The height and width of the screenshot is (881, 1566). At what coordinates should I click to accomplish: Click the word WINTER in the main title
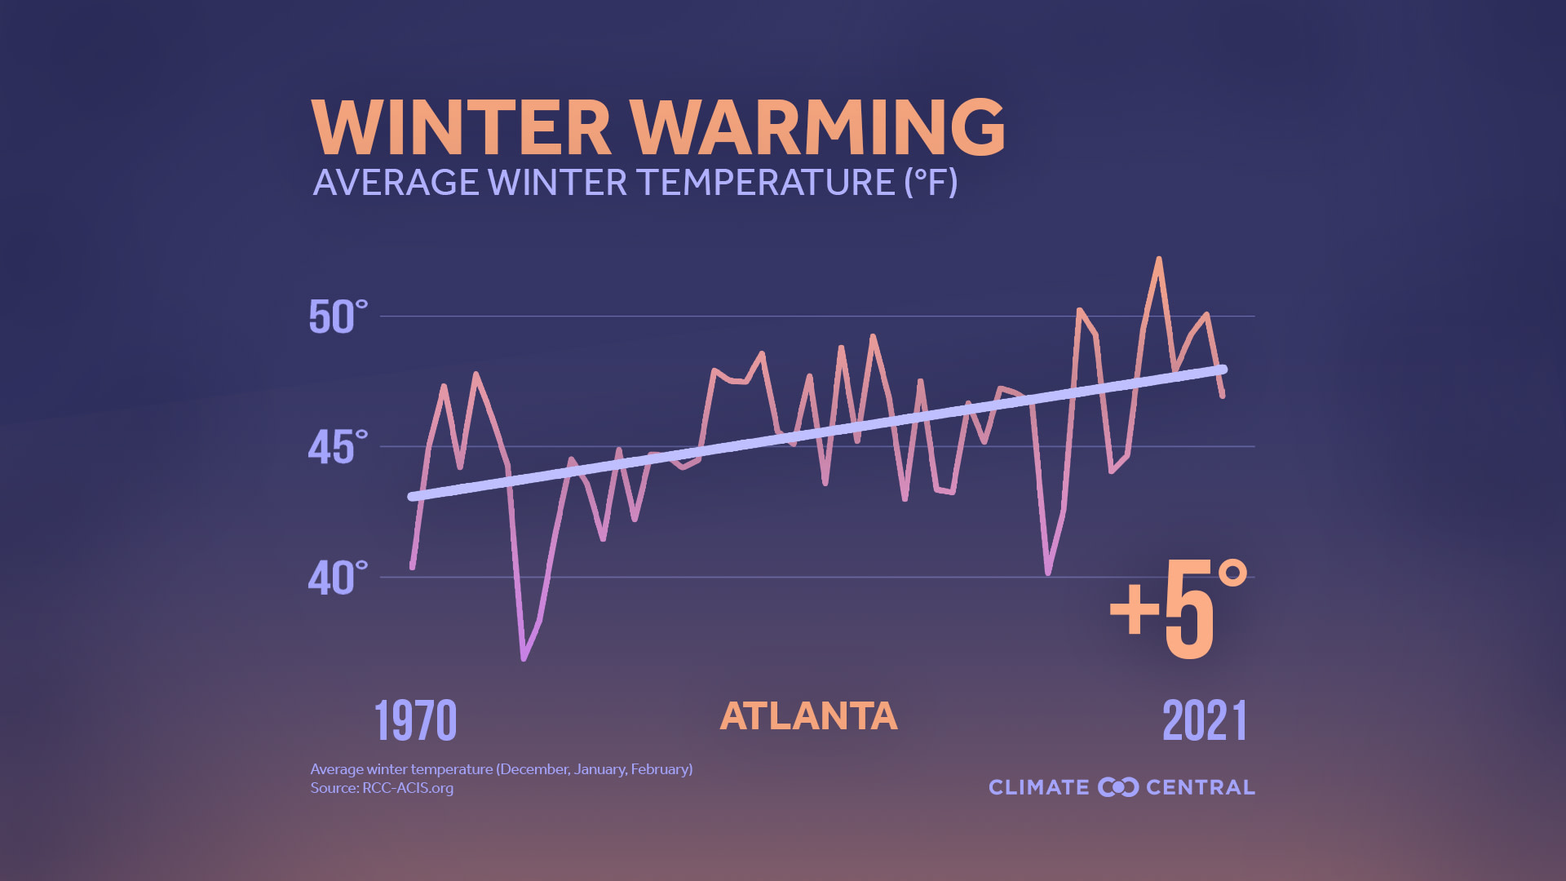(461, 127)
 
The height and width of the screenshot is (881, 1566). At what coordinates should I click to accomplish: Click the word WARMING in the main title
(818, 127)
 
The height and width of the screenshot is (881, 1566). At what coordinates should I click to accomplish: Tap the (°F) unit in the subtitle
(931, 182)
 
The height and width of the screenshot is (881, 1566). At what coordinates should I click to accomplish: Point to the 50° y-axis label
(338, 317)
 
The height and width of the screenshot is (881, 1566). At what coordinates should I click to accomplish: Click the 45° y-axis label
(338, 448)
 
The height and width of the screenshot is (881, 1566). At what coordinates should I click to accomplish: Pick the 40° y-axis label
(338, 578)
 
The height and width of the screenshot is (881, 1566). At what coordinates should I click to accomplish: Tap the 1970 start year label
(415, 721)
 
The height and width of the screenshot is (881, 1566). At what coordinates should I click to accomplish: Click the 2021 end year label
(1205, 721)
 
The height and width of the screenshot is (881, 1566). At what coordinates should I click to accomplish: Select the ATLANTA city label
(808, 716)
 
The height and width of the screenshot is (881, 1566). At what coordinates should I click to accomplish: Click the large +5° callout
(1178, 610)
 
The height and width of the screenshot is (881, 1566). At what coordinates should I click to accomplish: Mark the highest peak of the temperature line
(1159, 259)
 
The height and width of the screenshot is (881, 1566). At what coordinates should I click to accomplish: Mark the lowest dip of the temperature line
(524, 657)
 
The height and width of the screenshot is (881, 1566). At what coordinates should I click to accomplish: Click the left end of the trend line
(413, 496)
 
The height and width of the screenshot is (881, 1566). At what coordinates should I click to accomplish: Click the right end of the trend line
(1222, 370)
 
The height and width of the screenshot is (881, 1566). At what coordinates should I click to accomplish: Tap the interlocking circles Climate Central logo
(1118, 787)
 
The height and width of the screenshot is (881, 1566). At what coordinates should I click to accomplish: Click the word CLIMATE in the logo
(1038, 787)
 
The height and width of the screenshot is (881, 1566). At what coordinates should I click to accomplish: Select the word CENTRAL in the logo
(1200, 787)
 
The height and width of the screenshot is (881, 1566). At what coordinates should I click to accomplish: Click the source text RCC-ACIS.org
(408, 788)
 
